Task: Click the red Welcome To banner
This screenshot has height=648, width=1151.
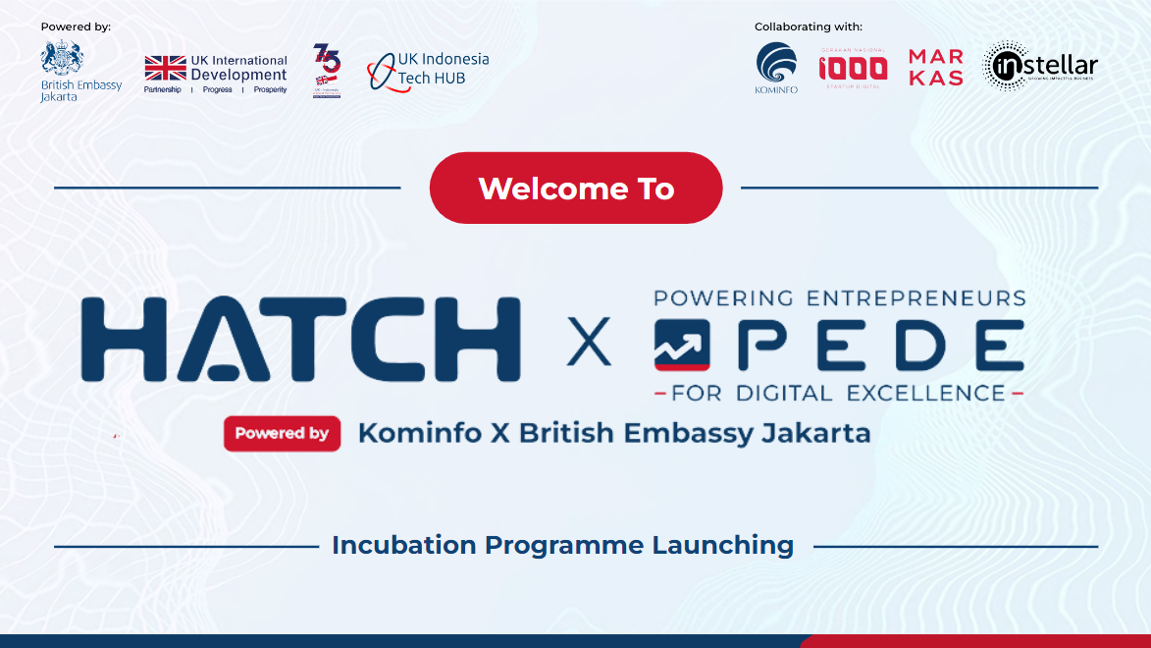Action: (x=576, y=188)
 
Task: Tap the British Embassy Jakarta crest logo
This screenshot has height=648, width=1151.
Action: (x=62, y=58)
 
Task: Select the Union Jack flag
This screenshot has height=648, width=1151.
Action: (x=166, y=68)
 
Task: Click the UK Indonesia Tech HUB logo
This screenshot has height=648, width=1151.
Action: (x=428, y=71)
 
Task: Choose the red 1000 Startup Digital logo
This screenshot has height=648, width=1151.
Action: (x=853, y=67)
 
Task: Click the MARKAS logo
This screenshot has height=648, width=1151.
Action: (x=935, y=67)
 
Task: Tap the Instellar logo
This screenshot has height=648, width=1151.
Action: (x=1040, y=67)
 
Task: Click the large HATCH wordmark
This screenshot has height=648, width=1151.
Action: (x=300, y=340)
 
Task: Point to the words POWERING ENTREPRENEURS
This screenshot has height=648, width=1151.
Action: (x=839, y=297)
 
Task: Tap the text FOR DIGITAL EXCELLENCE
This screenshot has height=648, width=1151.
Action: (x=839, y=394)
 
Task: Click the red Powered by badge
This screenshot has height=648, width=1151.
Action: (x=282, y=433)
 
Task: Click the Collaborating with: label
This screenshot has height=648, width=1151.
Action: (x=809, y=27)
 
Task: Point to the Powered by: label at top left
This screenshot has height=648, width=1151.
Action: (x=76, y=27)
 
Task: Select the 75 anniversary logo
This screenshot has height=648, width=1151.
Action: (x=327, y=69)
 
